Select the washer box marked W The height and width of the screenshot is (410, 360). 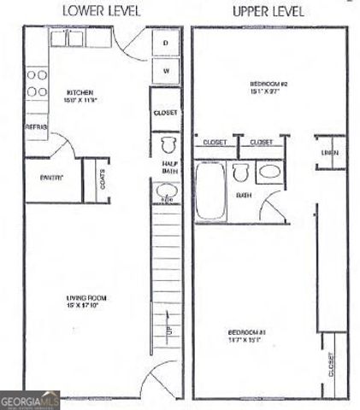[x=165, y=70]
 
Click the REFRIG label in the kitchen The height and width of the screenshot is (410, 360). [x=36, y=126]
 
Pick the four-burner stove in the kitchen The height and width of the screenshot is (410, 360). [x=36, y=81]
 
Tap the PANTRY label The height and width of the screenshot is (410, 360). [x=52, y=178]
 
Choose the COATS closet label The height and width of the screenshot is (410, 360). [x=103, y=179]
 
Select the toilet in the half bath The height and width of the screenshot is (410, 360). [x=167, y=142]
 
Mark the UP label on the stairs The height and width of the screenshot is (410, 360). [x=168, y=330]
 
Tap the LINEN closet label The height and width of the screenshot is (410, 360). [x=330, y=153]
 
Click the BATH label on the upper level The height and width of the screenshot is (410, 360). [x=245, y=195]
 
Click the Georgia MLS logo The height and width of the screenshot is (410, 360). [x=30, y=399]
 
